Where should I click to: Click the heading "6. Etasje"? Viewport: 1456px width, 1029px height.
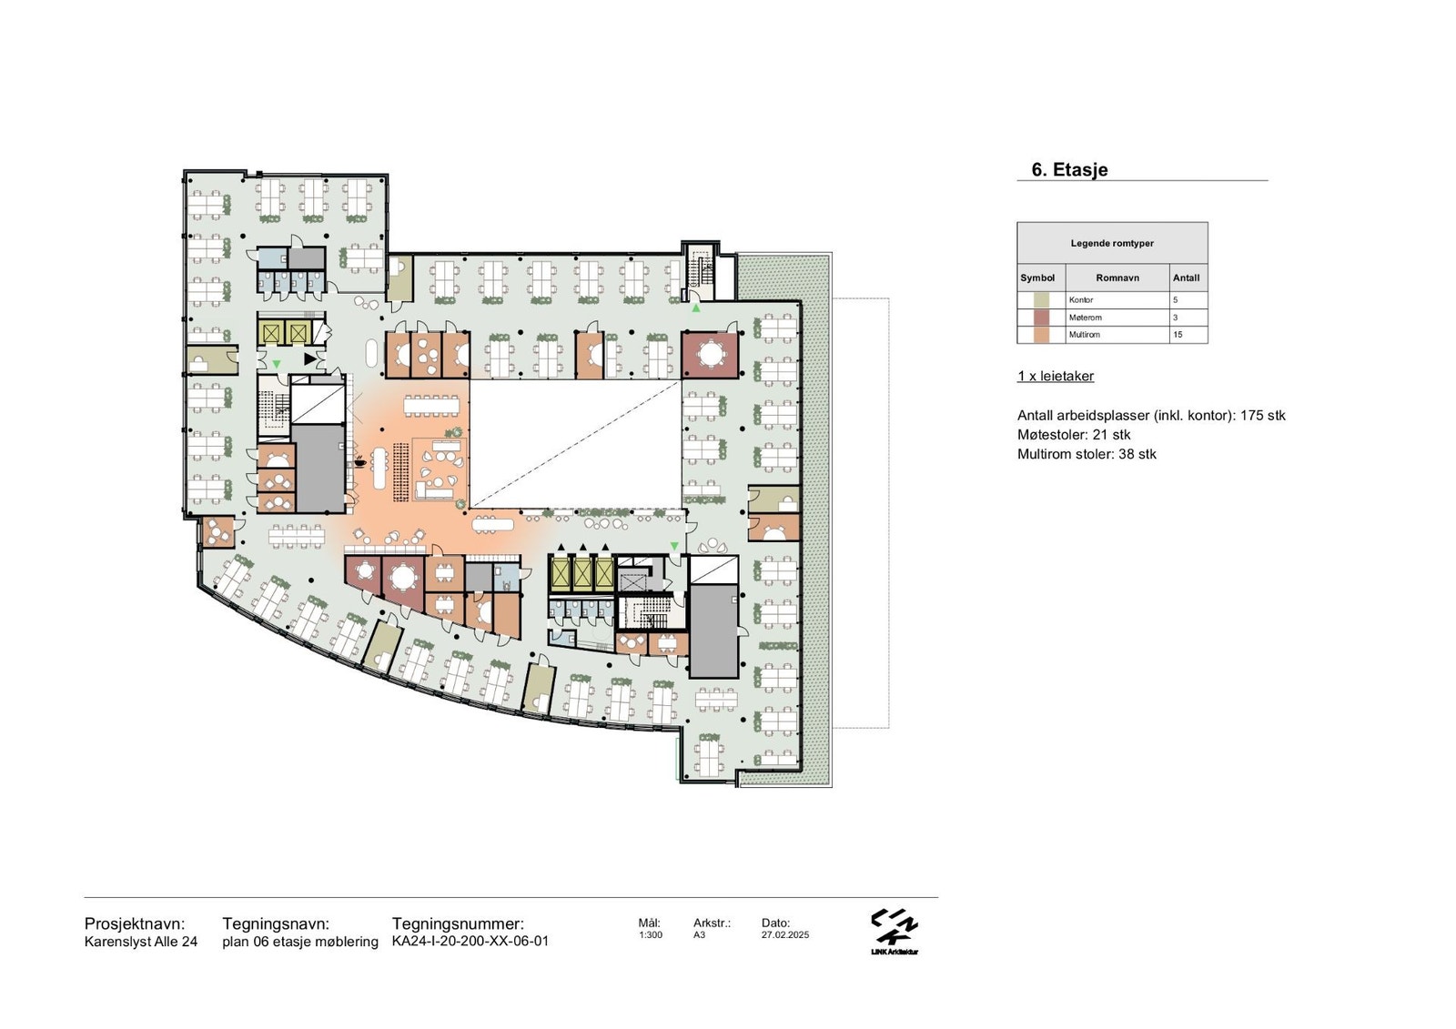click(1069, 169)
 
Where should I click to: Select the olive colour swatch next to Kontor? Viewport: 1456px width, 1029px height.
click(1041, 300)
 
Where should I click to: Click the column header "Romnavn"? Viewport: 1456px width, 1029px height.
click(1117, 277)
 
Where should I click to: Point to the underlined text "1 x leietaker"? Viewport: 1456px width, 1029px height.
click(1056, 377)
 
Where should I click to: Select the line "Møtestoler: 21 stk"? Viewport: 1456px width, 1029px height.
click(1074, 435)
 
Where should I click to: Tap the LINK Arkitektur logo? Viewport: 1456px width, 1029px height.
click(895, 932)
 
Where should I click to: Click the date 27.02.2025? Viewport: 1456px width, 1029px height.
click(785, 934)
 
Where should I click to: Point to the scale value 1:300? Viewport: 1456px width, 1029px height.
click(650, 934)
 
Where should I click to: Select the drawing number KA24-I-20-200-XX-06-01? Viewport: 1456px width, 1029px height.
click(470, 942)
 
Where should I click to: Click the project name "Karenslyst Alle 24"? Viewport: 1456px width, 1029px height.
click(141, 942)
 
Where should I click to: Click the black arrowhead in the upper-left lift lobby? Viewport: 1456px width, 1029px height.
click(310, 358)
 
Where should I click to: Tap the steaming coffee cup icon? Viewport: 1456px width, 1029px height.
click(359, 462)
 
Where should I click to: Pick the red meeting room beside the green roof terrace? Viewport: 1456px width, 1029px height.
click(710, 355)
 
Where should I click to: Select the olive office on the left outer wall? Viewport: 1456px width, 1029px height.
click(212, 360)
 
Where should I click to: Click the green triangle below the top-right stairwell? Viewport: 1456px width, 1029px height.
click(696, 308)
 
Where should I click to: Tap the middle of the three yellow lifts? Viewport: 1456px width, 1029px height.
click(581, 572)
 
